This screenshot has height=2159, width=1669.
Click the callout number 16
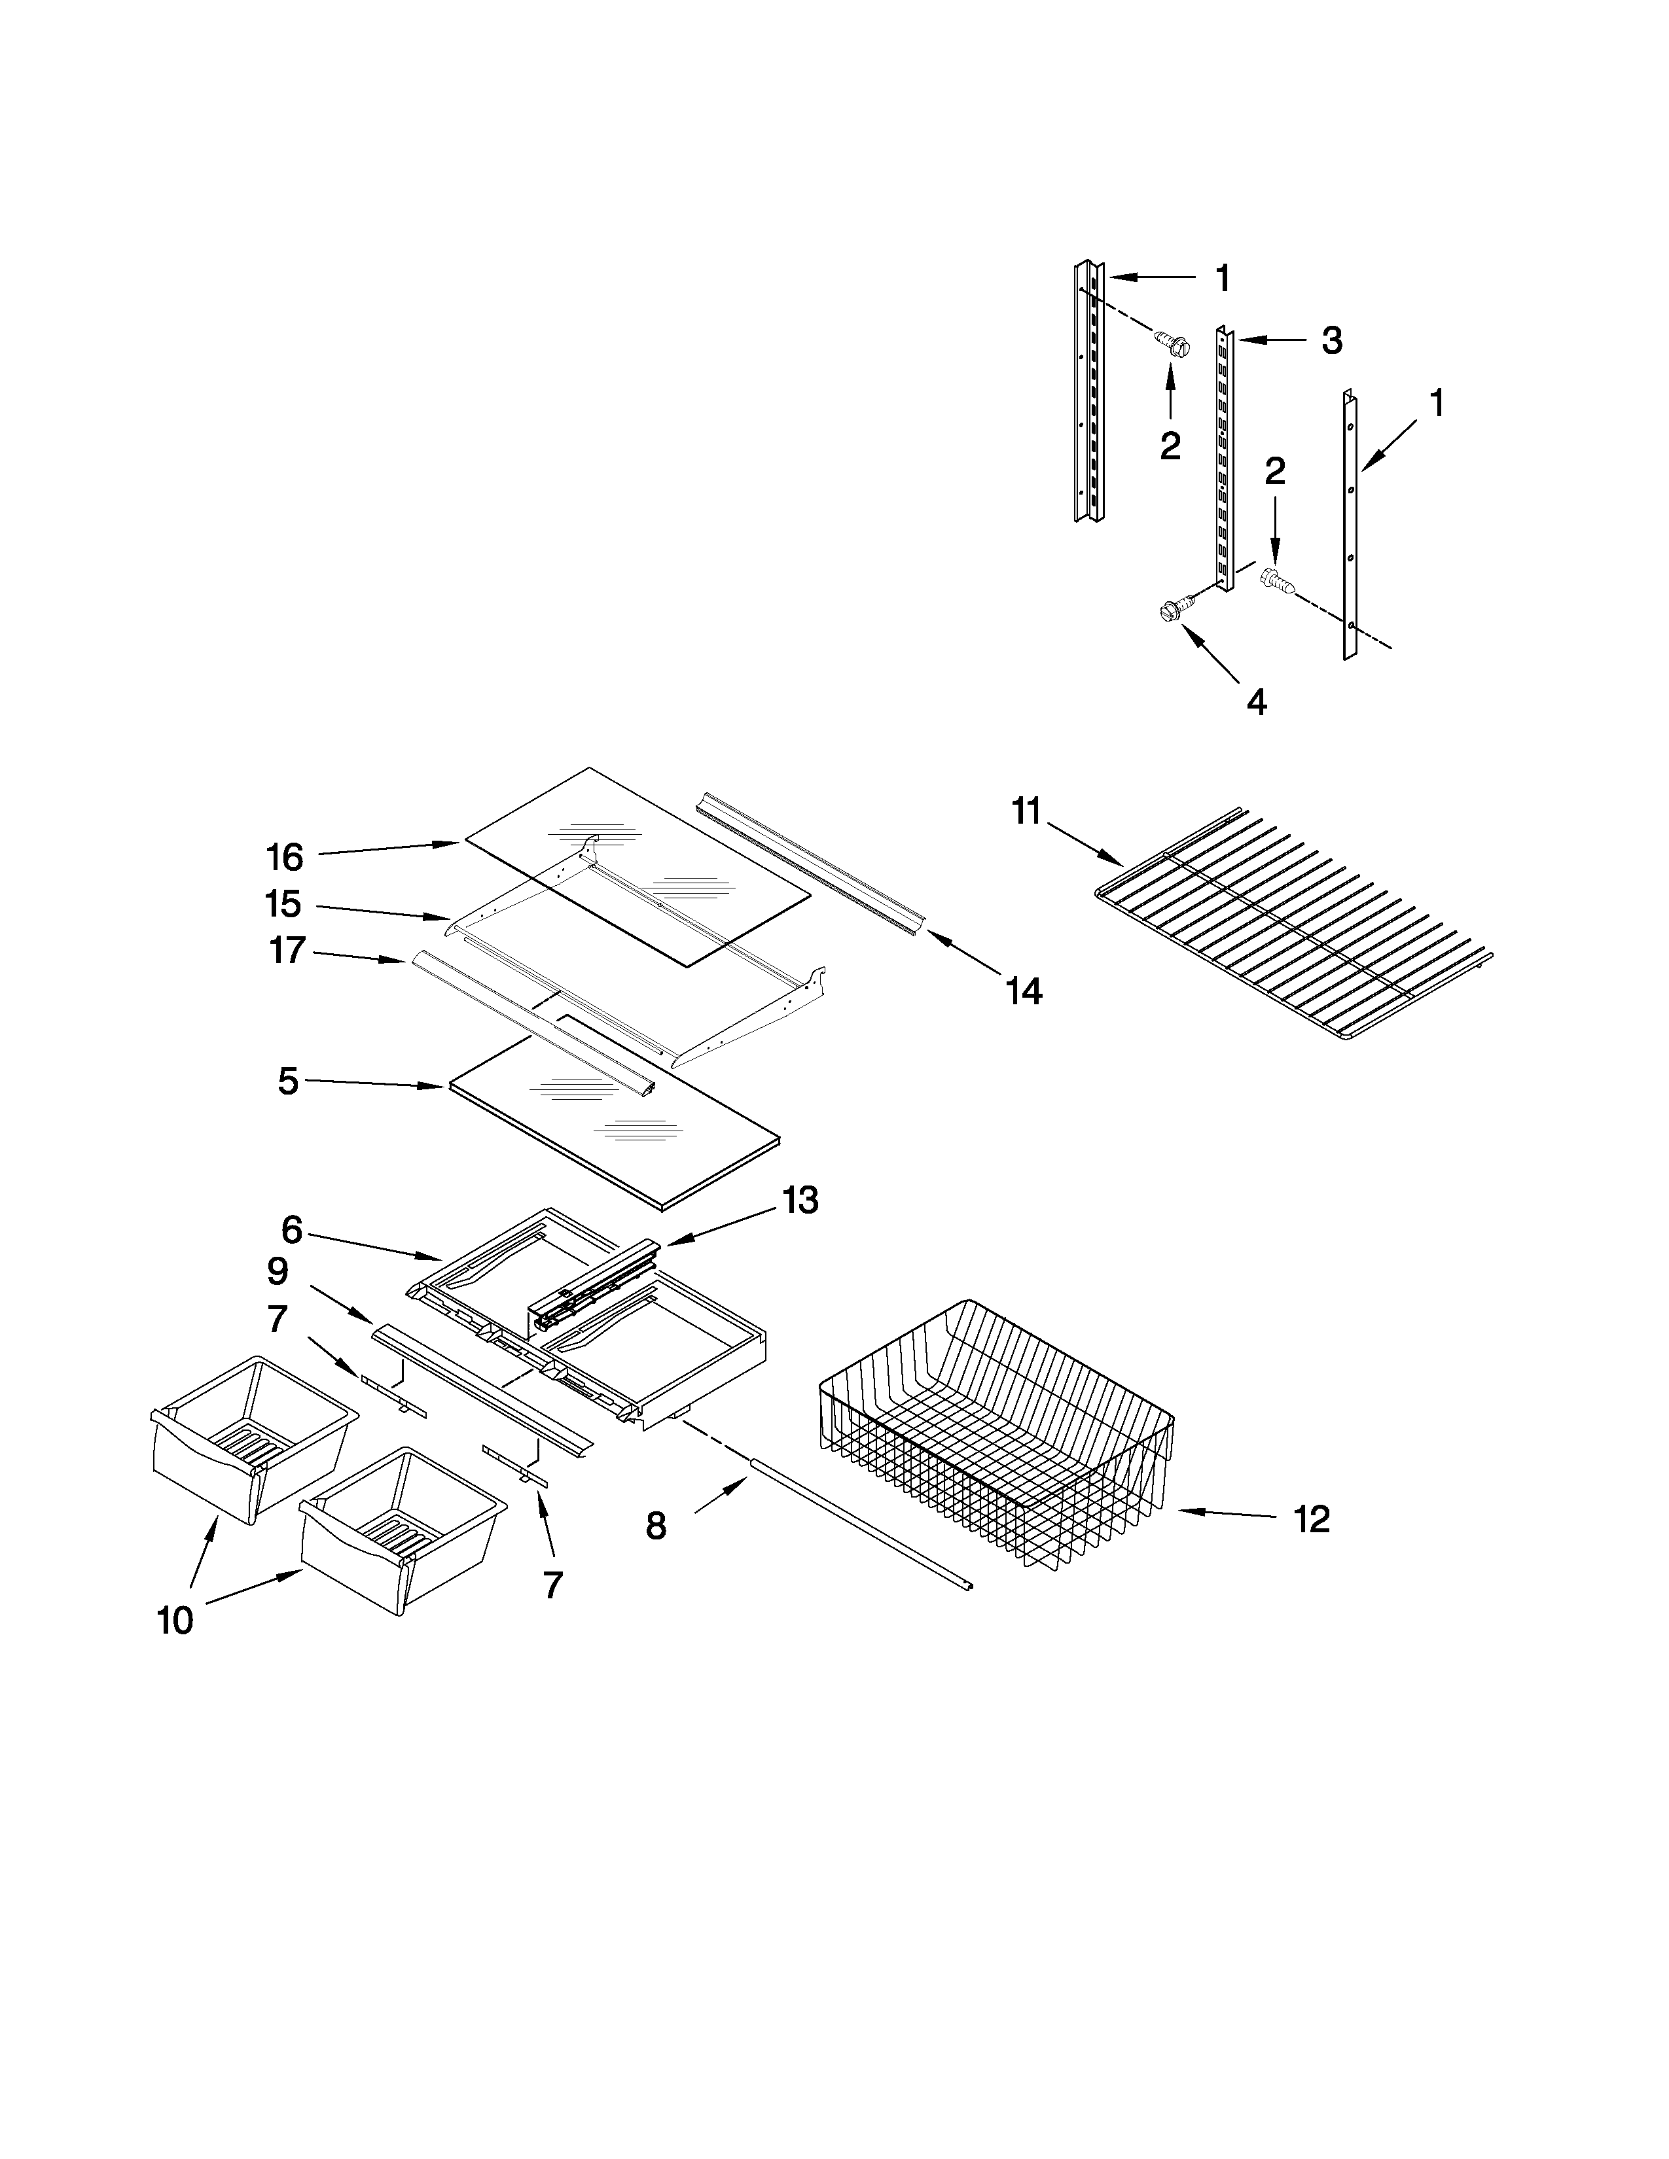point(285,857)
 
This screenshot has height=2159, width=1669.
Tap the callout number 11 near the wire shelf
point(1026,812)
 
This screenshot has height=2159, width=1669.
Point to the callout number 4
point(1256,702)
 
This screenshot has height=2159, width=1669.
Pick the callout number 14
point(1024,991)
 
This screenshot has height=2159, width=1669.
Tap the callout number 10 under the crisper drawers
point(175,1621)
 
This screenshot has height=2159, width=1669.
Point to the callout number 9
point(278,1271)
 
